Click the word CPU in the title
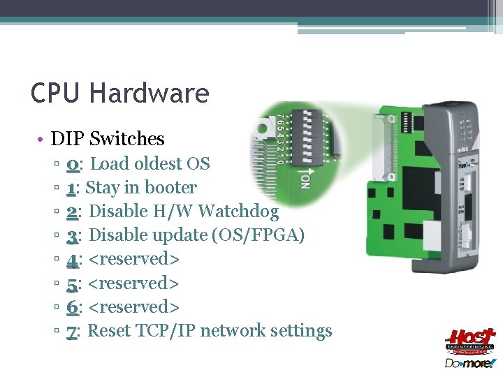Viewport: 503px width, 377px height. tap(57, 93)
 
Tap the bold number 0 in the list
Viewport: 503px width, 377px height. tap(73, 164)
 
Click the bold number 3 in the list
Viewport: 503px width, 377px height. tap(72, 235)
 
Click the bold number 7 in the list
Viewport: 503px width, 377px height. tap(72, 330)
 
